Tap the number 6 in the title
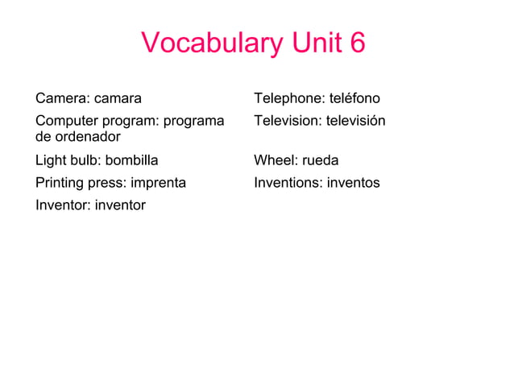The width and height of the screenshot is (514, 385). coord(357,43)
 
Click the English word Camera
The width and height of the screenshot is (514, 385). coord(62,99)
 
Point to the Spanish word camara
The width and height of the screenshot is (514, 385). coord(118,99)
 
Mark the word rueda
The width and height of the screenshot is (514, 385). coord(321,160)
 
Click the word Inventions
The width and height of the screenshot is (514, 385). coord(288,183)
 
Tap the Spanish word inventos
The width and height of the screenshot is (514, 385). coord(353,183)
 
